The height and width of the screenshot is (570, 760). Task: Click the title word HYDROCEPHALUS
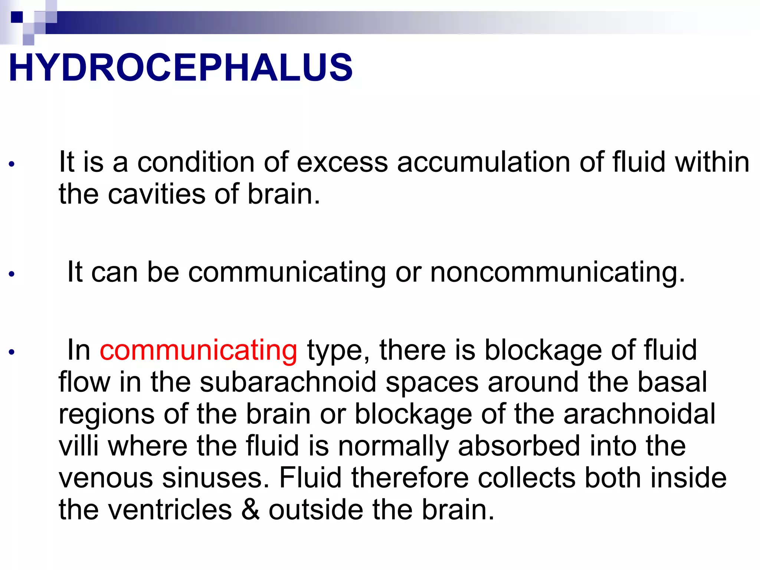[180, 68]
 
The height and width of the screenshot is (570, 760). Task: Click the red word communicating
[198, 350]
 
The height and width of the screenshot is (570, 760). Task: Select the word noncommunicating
[557, 273]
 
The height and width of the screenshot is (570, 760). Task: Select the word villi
[79, 446]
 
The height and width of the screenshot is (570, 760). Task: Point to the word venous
[106, 478]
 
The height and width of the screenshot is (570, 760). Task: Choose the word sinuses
[216, 478]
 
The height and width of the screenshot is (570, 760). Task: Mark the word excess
[342, 163]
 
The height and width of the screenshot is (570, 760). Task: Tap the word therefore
[410, 478]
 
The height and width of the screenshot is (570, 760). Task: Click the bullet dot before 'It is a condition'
[12, 164]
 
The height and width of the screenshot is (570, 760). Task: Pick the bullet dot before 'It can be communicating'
[12, 274]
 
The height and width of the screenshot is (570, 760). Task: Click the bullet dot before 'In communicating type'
[12, 352]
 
